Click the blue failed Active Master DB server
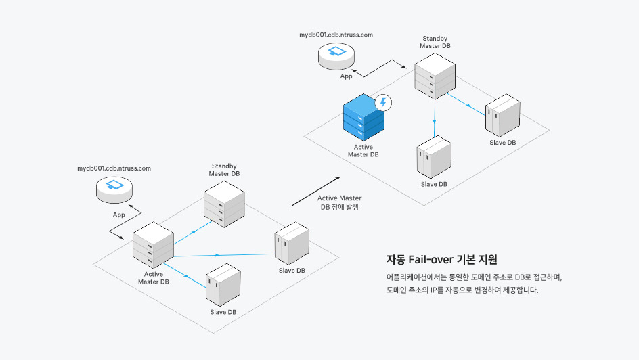pos(363,118)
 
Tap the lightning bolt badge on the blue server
pos(383,102)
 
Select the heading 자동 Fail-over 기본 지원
pos(442,259)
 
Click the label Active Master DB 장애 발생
pos(340,202)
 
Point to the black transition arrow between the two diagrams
pos(316,192)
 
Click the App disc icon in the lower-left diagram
pos(114,189)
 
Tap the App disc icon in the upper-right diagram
pos(336,56)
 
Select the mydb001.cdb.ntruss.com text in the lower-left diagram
pos(114,168)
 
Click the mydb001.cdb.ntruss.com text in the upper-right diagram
pos(336,35)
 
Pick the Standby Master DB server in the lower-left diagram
pos(224,204)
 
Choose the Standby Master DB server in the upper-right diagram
pos(435,76)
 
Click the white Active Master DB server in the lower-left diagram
pos(153,245)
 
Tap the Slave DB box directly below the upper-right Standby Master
pos(434,157)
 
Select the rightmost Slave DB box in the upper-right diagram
pos(502,116)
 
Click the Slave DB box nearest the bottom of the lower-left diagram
pos(223,285)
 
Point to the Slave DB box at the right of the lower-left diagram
pos(292,244)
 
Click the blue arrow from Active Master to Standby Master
pos(193,233)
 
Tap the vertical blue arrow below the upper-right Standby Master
pos(435,118)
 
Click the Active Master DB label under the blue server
pos(363,151)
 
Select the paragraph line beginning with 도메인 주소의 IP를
pos(462,290)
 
